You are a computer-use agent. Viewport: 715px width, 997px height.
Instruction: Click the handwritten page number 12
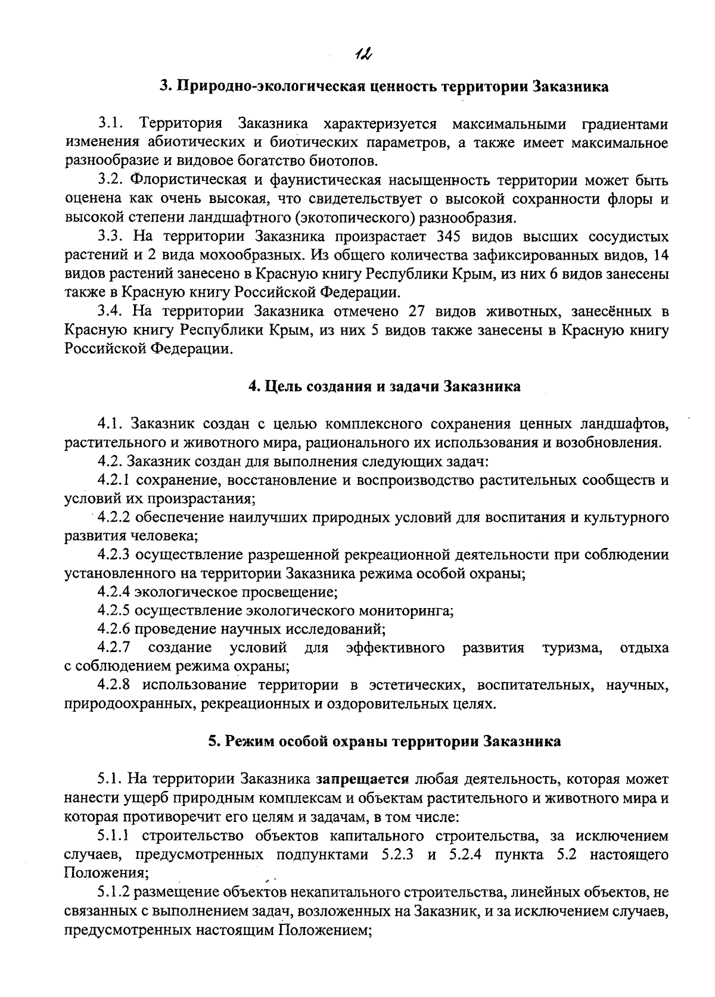point(362,55)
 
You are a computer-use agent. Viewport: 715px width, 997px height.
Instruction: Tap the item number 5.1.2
point(114,892)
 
